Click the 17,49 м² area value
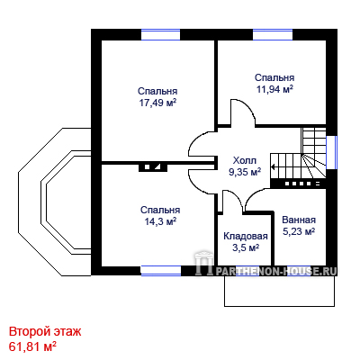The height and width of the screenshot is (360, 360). pos(157,103)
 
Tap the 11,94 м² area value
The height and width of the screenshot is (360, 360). pos(274,89)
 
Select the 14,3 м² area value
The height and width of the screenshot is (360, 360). pos(160,221)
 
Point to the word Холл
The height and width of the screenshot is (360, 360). pos(245,160)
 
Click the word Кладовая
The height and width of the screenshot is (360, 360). pos(246,236)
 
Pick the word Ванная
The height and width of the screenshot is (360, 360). pos(299,220)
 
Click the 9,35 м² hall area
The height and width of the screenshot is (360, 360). pos(245,173)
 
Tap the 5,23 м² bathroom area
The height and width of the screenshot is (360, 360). pos(299,232)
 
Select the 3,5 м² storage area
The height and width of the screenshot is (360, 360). pos(246,248)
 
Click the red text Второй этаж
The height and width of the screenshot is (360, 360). pos(45,332)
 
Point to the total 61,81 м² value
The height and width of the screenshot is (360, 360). pos(32,346)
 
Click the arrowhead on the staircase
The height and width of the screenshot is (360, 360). pos(273,166)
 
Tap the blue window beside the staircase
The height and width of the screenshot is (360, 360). pos(331,152)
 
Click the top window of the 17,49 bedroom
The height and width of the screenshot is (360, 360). pos(160,34)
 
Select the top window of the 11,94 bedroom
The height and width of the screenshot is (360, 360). pos(273,34)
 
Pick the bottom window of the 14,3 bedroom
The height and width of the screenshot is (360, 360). pos(161,270)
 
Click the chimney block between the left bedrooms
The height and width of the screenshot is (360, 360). pos(153,167)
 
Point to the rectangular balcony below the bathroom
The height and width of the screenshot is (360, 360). pos(280,291)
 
